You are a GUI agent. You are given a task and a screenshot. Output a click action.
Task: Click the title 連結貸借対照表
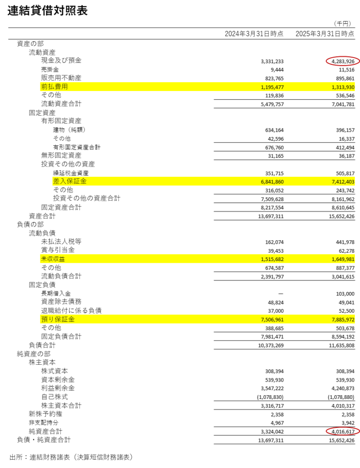click(x=48, y=11)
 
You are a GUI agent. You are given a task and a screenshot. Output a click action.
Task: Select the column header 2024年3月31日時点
click(x=254, y=34)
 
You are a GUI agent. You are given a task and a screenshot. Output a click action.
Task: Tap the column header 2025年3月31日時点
click(x=325, y=34)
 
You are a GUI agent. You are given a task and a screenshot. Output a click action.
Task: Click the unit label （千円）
click(x=342, y=24)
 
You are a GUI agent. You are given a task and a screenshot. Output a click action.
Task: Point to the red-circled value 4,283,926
click(x=343, y=62)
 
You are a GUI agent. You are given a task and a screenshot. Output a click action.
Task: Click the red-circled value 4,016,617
click(x=343, y=431)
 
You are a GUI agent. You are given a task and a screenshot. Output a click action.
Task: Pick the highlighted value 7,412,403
click(x=343, y=182)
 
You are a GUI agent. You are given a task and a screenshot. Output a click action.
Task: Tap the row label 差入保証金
click(x=70, y=181)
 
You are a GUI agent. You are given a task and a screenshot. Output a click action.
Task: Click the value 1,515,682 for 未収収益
click(x=272, y=260)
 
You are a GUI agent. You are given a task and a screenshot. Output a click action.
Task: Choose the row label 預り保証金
click(x=58, y=319)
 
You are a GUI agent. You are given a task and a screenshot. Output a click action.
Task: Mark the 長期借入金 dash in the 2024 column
click(x=280, y=294)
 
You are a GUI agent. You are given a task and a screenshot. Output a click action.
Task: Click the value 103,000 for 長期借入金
click(x=345, y=294)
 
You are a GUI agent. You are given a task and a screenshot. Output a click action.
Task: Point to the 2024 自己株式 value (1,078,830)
click(x=270, y=397)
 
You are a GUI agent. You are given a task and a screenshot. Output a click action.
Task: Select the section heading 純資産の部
click(x=33, y=354)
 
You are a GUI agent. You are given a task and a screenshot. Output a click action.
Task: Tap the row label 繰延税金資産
click(x=71, y=173)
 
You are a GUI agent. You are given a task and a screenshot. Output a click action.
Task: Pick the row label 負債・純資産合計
click(x=43, y=440)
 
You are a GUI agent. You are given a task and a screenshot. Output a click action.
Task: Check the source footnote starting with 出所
click(x=71, y=457)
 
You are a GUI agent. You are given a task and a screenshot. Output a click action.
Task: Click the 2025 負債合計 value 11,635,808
click(x=342, y=346)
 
